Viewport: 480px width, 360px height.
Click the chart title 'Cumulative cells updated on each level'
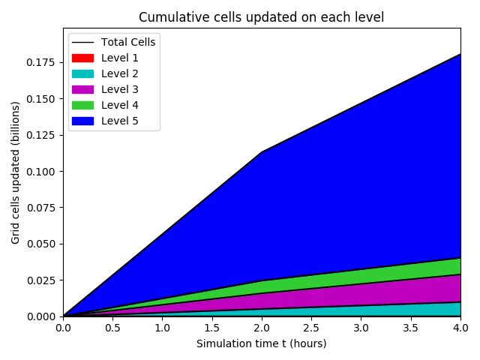coord(261,17)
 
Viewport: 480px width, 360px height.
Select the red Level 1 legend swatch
coord(83,58)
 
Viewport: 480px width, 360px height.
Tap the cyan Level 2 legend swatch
coord(83,73)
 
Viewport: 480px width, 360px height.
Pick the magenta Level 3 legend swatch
coord(83,89)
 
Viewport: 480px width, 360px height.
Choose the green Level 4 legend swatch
coord(83,105)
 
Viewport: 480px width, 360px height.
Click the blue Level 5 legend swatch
coord(83,121)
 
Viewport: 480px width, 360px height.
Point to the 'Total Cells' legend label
coord(128,42)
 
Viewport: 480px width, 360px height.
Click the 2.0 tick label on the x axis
coord(262,328)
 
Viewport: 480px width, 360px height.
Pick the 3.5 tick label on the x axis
coord(411,328)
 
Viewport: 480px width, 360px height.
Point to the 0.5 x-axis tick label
coord(112,328)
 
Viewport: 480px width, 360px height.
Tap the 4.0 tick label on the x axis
coord(460,328)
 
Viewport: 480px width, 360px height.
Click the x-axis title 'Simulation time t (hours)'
coord(261,343)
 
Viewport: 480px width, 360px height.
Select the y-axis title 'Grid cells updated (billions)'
coord(15,172)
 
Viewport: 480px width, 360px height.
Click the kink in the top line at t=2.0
coord(262,152)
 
